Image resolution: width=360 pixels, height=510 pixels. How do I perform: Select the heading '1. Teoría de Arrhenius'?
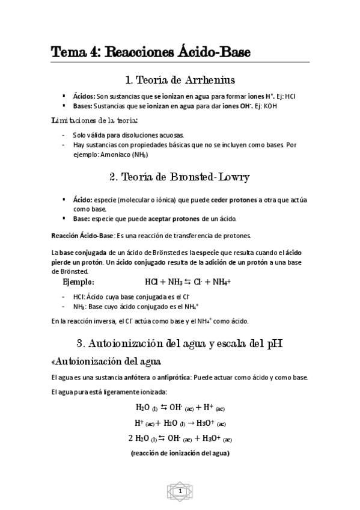180,79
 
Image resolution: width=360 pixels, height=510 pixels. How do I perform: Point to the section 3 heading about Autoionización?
180,344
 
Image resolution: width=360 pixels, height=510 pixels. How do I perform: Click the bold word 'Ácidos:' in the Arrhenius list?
84,96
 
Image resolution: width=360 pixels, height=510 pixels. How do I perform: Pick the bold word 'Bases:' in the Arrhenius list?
83,106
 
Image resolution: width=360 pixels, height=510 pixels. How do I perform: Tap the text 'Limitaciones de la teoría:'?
94,121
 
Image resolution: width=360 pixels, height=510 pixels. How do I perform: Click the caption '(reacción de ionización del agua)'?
180,452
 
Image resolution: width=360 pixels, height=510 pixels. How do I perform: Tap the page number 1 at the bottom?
180,492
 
